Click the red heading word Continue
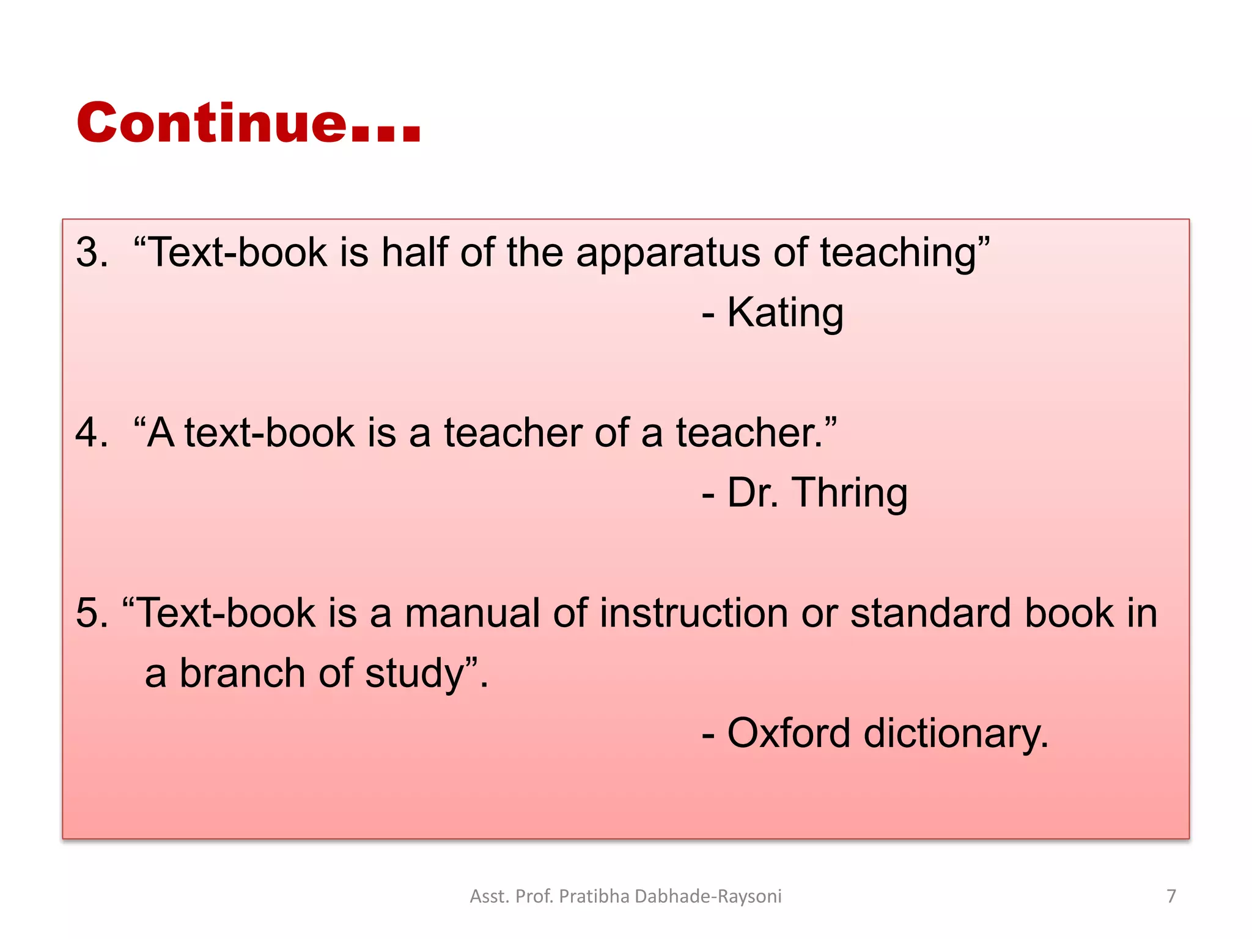211,123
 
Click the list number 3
90,252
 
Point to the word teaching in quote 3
898,254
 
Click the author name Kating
785,313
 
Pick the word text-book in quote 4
270,433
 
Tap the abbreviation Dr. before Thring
753,493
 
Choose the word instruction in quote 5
694,613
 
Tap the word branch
242,673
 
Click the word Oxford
788,733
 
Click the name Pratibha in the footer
594,896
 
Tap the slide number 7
1171,896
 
